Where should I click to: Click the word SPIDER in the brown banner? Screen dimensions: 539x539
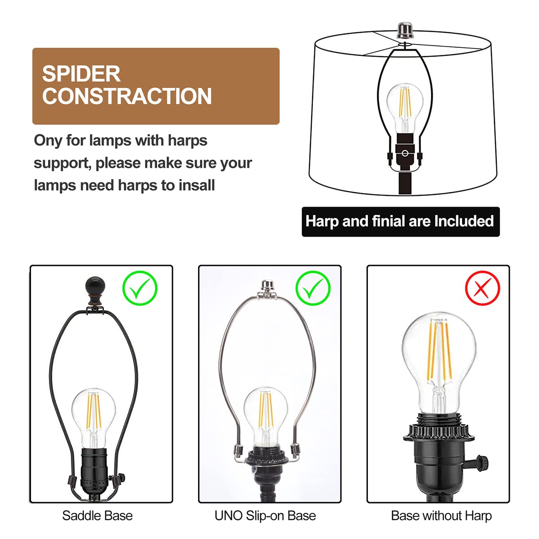point(81,74)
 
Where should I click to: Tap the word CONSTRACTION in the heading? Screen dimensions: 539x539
point(127,97)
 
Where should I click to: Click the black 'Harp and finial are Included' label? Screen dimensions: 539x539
point(400,221)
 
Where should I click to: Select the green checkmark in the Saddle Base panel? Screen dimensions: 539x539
point(140,288)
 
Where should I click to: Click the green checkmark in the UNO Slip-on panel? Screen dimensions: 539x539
point(313,288)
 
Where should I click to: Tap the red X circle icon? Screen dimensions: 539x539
point(482,288)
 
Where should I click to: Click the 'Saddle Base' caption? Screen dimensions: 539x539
point(97,516)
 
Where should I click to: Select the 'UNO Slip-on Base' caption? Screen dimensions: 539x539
point(265,516)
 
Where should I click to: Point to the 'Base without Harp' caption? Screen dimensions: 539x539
point(441,516)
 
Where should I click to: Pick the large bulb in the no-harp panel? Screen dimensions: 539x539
point(438,359)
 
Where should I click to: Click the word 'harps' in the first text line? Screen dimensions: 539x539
point(187,141)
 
